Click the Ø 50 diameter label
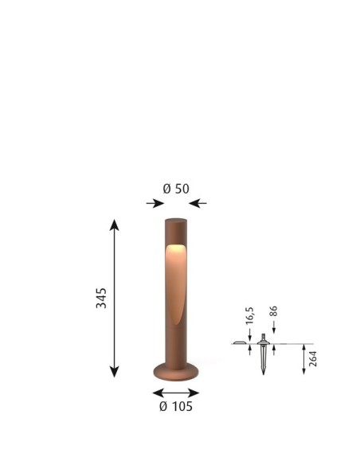176,189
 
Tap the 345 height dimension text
101,298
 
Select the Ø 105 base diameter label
176,406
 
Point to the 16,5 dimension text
250,315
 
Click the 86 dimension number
274,311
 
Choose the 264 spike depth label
313,359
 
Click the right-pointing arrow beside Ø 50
155,204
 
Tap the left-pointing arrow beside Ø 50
198,204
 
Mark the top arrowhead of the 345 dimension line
114,225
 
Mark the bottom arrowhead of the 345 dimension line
114,372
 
